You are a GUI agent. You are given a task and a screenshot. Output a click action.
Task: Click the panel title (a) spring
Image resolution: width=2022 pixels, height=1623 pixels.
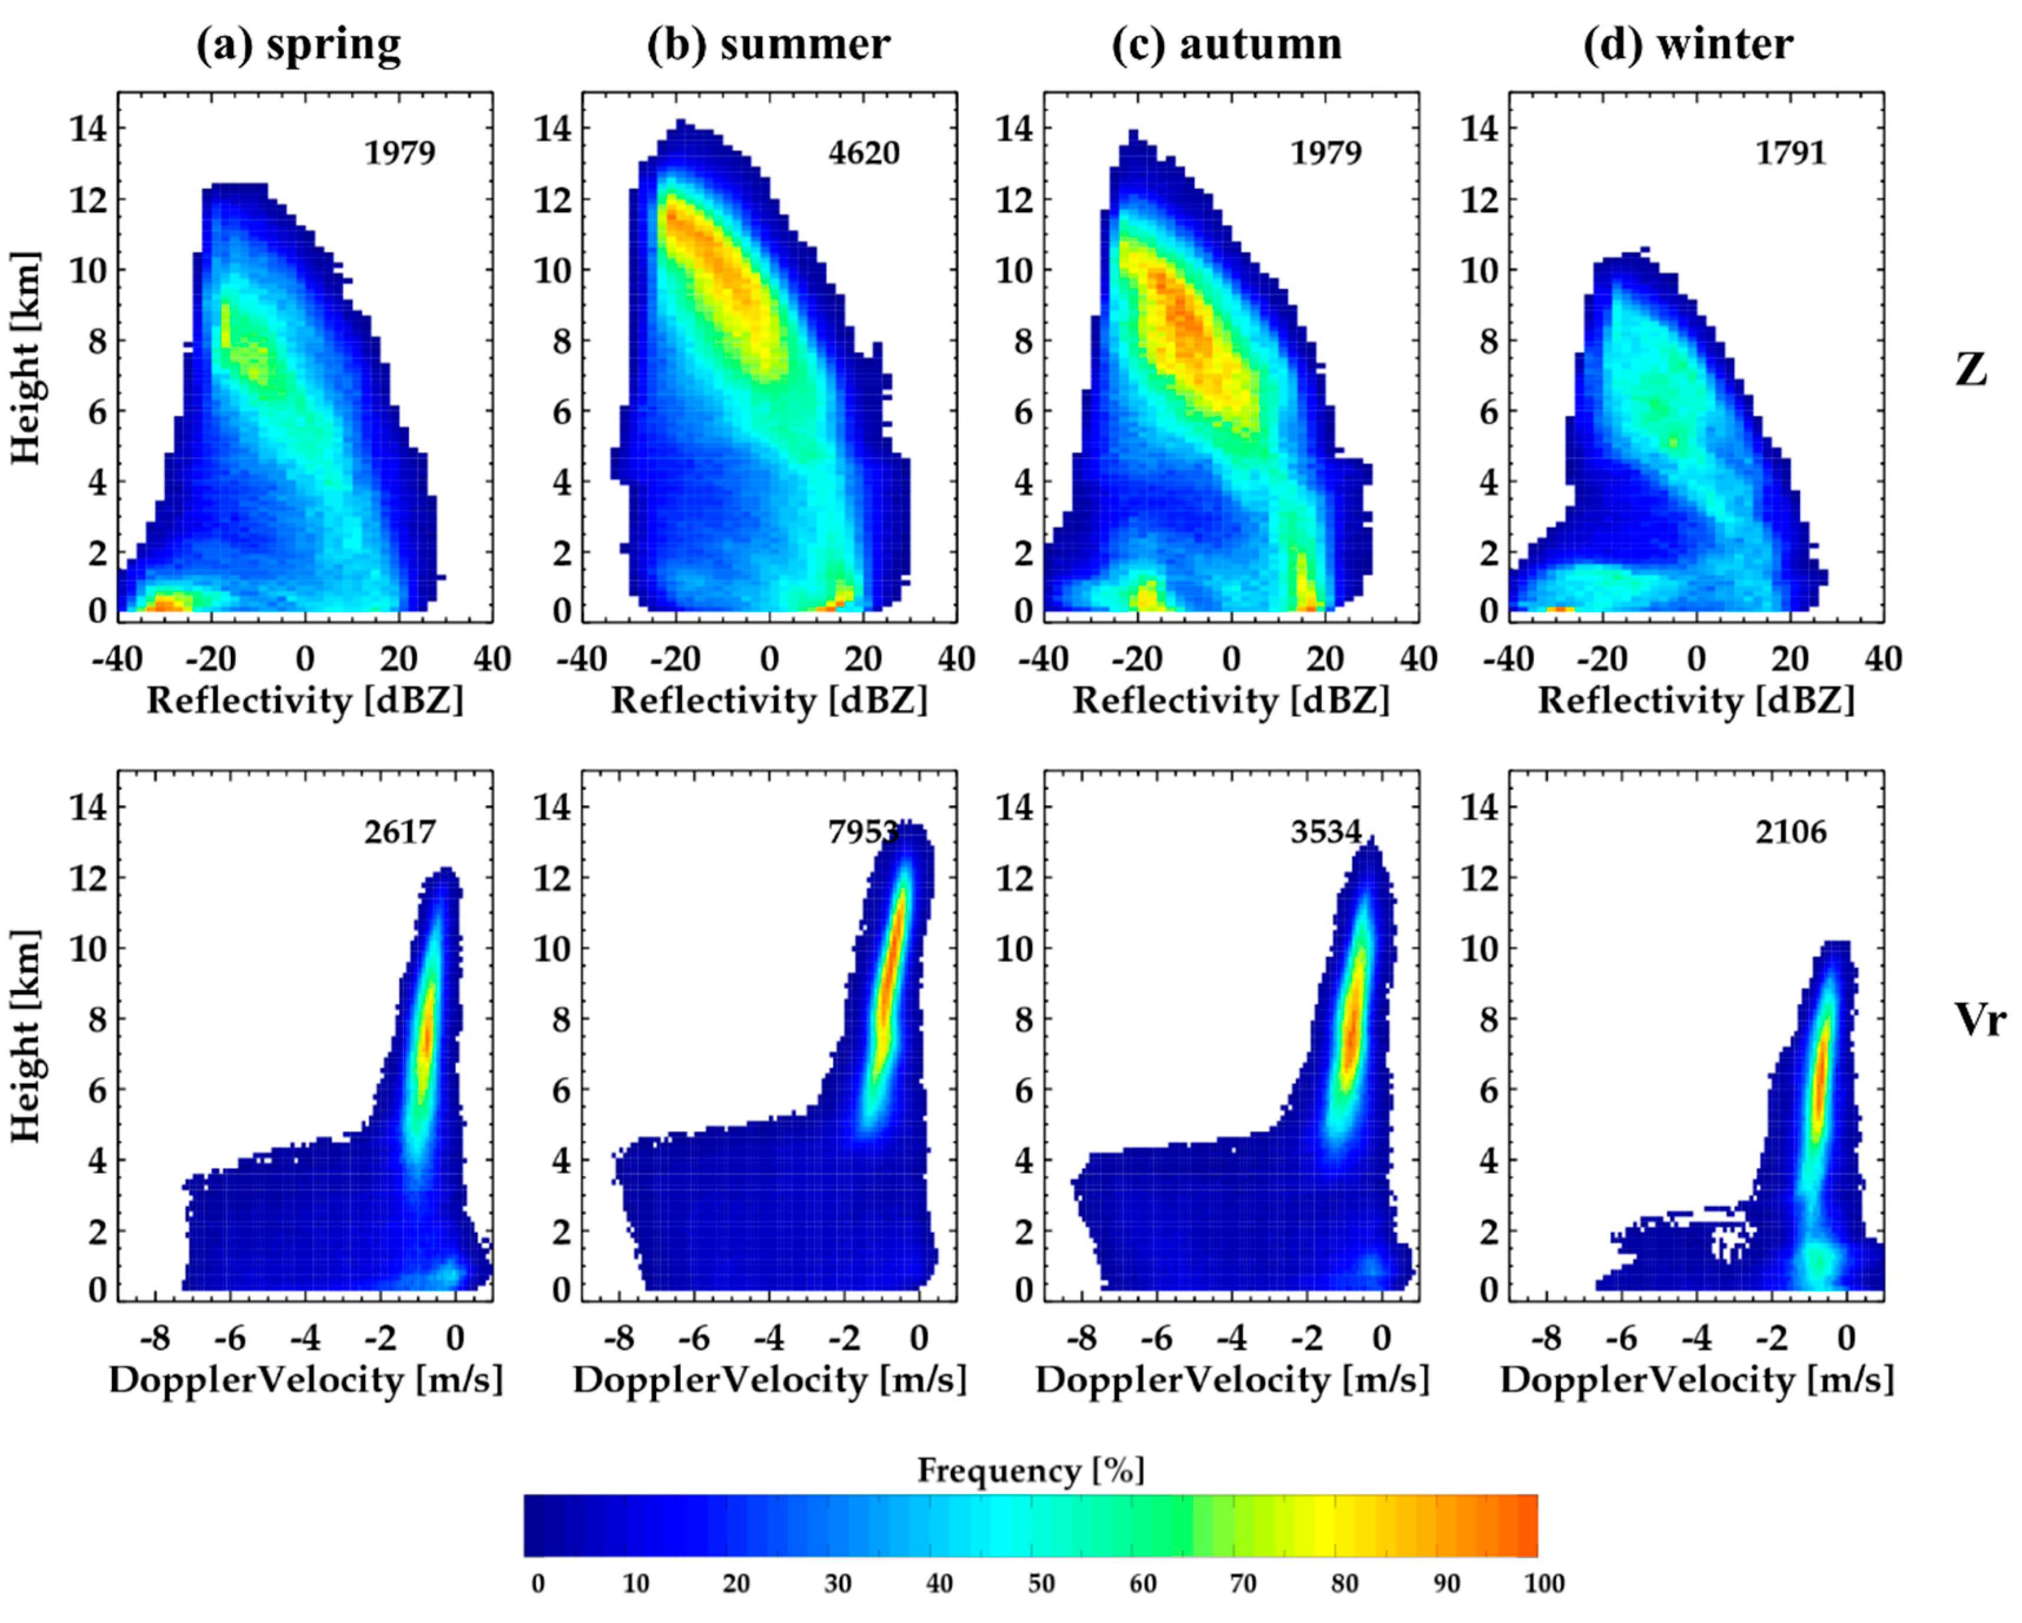(x=298, y=44)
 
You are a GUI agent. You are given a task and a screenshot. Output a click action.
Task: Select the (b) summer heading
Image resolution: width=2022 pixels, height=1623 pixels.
(x=768, y=44)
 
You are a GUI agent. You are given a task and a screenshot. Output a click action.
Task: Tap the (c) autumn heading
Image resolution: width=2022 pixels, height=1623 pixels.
(x=1227, y=44)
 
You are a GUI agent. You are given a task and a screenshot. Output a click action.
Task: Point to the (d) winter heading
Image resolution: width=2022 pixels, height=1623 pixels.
(x=1688, y=44)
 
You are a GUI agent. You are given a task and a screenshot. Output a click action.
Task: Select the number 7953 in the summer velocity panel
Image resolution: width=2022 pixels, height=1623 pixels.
(x=862, y=832)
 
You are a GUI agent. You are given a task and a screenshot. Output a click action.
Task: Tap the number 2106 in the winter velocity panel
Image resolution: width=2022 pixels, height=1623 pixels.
(x=1791, y=832)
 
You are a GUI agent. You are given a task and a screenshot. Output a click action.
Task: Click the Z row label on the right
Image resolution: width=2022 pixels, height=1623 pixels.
(x=1970, y=370)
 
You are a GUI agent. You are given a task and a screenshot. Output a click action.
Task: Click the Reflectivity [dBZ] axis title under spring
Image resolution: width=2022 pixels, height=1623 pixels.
(x=305, y=701)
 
